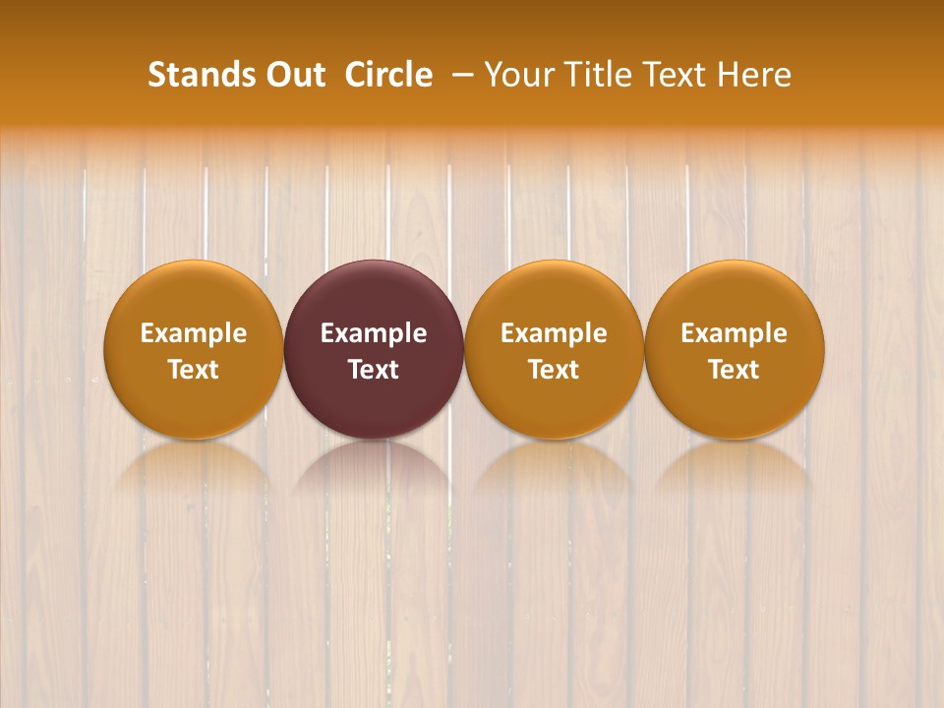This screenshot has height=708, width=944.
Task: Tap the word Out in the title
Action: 294,75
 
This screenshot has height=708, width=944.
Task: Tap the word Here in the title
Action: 754,75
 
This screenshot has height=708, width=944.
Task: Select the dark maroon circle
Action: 374,349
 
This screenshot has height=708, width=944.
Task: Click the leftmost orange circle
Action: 194,349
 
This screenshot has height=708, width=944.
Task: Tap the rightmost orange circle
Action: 735,349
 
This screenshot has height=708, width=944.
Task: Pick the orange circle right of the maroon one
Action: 554,349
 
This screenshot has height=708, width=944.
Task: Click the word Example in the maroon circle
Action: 374,333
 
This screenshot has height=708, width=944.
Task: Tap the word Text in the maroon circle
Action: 374,370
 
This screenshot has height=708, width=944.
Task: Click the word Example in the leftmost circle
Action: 194,333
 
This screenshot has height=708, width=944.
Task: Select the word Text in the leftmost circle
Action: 194,370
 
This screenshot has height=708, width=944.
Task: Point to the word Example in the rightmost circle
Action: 735,333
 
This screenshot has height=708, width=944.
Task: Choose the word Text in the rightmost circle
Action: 735,370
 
